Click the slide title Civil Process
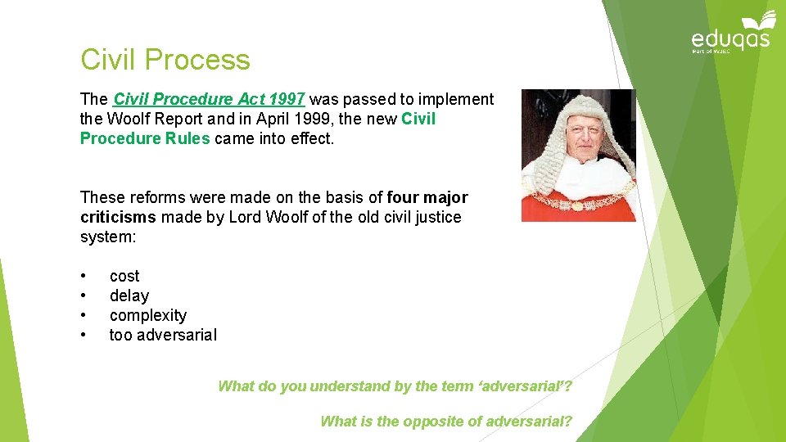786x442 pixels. click(x=165, y=60)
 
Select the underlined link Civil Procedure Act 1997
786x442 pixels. click(x=209, y=99)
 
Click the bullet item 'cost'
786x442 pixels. click(x=124, y=276)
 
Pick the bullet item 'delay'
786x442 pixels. click(x=129, y=295)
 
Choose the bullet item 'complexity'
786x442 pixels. click(x=148, y=315)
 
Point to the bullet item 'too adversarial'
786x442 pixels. click(x=163, y=335)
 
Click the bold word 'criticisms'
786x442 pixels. click(x=118, y=217)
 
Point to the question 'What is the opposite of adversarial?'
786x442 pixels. click(x=446, y=422)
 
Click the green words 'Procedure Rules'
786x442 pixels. click(x=145, y=138)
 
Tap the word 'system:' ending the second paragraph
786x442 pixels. click(x=106, y=237)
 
